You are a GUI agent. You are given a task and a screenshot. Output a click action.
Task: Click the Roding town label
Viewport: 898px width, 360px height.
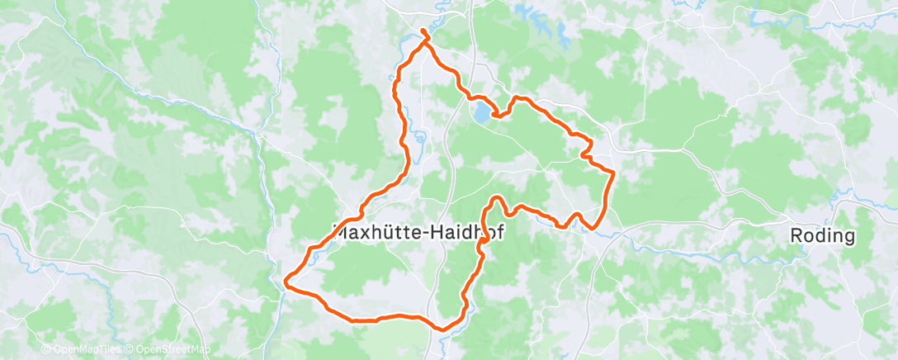(x=821, y=236)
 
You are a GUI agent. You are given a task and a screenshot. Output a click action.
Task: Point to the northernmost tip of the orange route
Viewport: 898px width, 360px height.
(x=423, y=31)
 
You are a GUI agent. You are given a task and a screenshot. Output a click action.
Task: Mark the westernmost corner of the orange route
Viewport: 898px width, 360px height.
(x=286, y=282)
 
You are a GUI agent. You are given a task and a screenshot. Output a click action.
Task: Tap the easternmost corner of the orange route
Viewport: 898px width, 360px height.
(x=614, y=172)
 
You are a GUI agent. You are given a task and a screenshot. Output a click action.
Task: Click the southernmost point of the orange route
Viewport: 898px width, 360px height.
(x=443, y=329)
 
